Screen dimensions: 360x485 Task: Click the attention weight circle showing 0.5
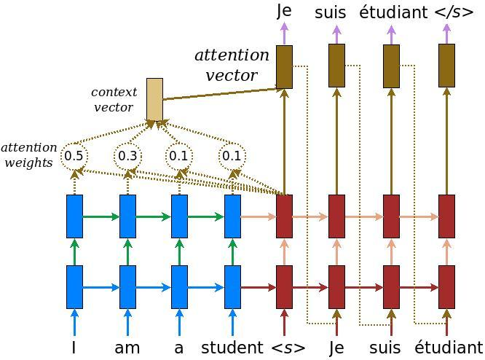(x=74, y=155)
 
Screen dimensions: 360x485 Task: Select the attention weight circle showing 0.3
(x=127, y=155)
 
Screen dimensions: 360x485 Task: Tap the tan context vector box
(x=154, y=99)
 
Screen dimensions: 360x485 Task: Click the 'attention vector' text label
(x=231, y=65)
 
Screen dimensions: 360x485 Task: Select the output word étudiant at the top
(x=393, y=12)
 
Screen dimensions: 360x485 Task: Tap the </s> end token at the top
(x=453, y=12)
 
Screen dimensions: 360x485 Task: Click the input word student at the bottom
(x=232, y=348)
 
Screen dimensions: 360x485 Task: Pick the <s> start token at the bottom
(x=288, y=348)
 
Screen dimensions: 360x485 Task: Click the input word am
(x=127, y=348)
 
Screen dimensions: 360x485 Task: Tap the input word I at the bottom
(x=74, y=348)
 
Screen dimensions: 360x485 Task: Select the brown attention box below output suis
(x=336, y=66)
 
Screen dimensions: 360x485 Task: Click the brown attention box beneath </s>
(x=447, y=66)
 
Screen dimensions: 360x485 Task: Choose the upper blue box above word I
(x=74, y=216)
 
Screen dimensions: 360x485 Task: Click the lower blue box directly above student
(x=232, y=286)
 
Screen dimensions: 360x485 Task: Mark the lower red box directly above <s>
(x=284, y=286)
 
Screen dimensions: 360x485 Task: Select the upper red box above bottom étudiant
(x=447, y=216)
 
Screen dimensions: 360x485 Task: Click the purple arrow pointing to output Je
(x=284, y=34)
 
